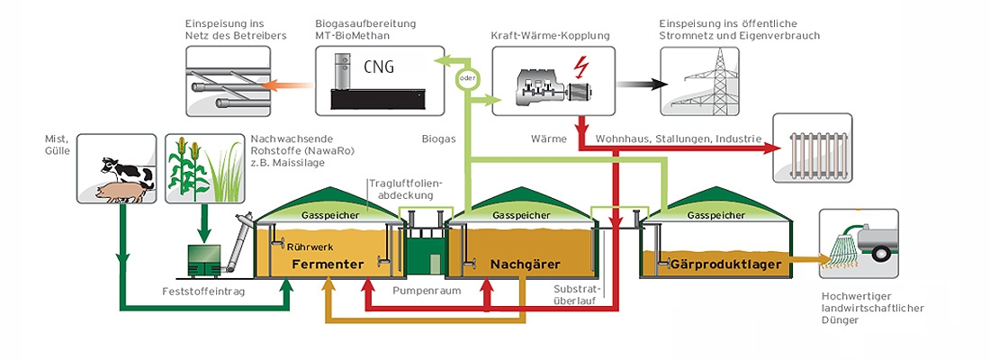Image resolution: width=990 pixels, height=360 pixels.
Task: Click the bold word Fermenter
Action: [x=327, y=264]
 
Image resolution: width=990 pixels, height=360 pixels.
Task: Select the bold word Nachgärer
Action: [x=526, y=264]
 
